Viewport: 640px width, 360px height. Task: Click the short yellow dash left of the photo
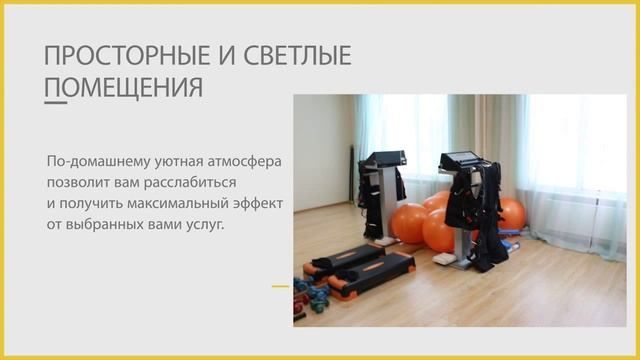[x=280, y=286]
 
